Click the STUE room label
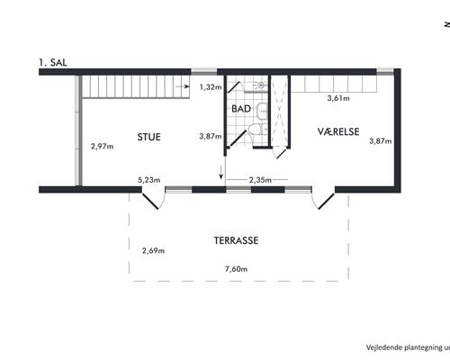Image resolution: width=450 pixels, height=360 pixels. (x=149, y=137)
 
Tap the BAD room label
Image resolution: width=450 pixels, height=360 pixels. (x=241, y=109)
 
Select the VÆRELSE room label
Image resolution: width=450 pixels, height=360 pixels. (x=338, y=131)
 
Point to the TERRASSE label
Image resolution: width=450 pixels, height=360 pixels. (x=236, y=240)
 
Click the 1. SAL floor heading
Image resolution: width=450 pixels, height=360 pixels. (x=53, y=62)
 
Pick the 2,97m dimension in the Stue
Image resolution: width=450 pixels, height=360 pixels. (x=103, y=147)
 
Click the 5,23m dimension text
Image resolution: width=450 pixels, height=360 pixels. (x=149, y=180)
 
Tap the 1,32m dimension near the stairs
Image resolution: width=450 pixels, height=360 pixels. (x=211, y=87)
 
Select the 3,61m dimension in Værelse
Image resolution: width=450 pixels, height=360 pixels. (x=338, y=98)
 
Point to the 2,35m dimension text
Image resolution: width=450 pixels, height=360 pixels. (x=260, y=180)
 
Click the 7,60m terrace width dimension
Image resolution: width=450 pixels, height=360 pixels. (x=237, y=269)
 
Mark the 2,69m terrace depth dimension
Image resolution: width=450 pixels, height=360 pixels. (x=153, y=250)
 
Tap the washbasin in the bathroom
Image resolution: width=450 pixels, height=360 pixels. (x=263, y=110)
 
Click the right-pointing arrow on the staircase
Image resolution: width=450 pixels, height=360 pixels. (x=183, y=86)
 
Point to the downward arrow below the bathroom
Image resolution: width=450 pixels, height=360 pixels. (x=221, y=173)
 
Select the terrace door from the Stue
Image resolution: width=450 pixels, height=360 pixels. (x=153, y=198)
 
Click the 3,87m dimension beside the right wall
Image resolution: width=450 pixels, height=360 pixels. (x=381, y=141)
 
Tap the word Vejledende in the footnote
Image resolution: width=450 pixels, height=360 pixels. (x=384, y=347)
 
